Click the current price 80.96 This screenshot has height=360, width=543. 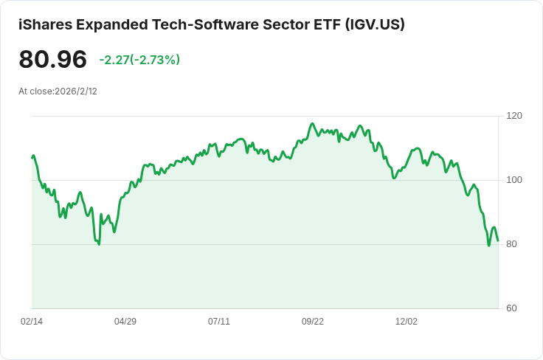tap(53, 60)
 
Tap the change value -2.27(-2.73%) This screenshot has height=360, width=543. tap(139, 60)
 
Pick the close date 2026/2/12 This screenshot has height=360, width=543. tap(76, 91)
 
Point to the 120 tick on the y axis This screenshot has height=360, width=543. tap(514, 116)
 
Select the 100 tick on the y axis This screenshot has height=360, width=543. tap(514, 180)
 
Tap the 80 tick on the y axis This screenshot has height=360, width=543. tap(511, 244)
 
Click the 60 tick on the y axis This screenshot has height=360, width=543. tap(511, 308)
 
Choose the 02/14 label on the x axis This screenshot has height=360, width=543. tap(32, 322)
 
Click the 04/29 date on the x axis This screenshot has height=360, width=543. tap(125, 322)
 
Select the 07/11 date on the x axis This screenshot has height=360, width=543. tap(219, 322)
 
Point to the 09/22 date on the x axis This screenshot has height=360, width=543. tap(313, 322)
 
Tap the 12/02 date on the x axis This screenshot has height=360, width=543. tap(407, 322)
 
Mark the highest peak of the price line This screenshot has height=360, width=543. tap(313, 124)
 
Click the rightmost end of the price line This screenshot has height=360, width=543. tap(498, 240)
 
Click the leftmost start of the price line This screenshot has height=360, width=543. tap(32, 157)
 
